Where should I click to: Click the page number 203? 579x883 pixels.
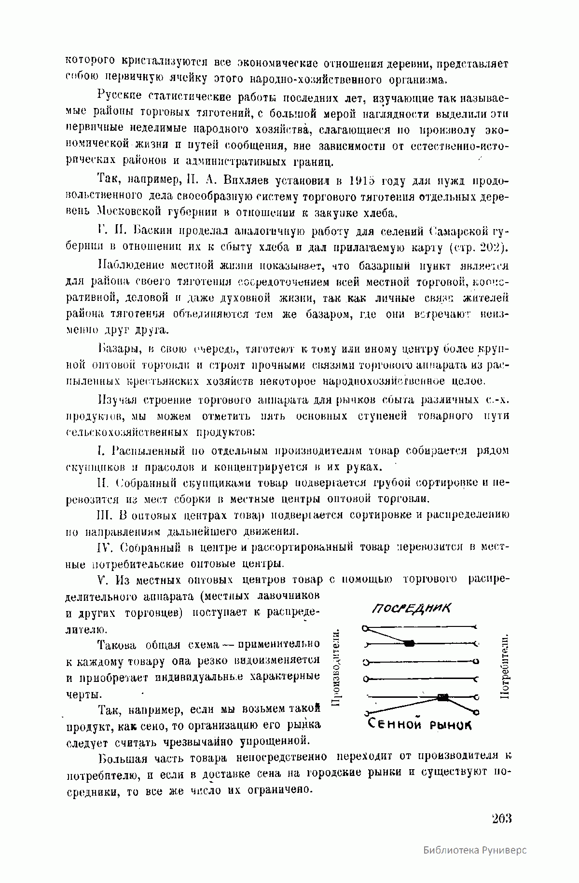pyautogui.click(x=501, y=819)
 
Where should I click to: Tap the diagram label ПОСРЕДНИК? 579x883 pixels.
pyautogui.click(x=412, y=608)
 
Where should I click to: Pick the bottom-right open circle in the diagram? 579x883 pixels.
pyautogui.click(x=477, y=712)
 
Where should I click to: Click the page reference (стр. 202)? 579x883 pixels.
pyautogui.click(x=476, y=248)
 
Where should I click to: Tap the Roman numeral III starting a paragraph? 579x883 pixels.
pyautogui.click(x=104, y=515)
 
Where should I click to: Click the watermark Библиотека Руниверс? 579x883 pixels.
pyautogui.click(x=475, y=863)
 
